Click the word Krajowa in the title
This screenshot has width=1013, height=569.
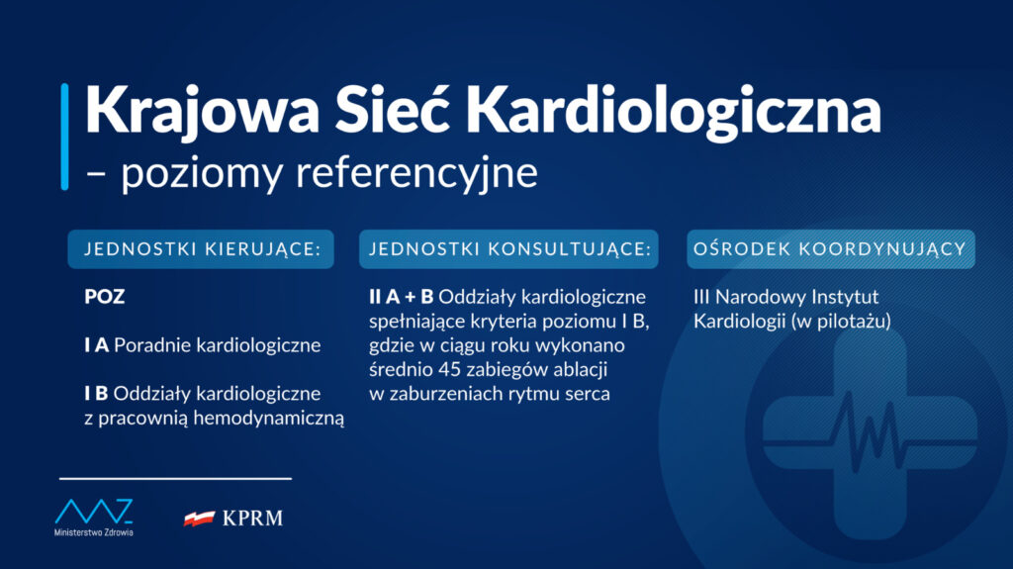click(x=202, y=111)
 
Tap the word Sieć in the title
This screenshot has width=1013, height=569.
click(x=392, y=109)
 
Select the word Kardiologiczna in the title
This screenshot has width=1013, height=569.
click(x=674, y=111)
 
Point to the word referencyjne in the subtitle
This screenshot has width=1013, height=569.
click(x=416, y=173)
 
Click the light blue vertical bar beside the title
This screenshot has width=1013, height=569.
click(x=64, y=137)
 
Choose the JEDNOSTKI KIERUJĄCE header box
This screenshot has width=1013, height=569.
click(x=201, y=249)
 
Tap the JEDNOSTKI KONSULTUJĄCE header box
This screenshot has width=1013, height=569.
click(x=509, y=249)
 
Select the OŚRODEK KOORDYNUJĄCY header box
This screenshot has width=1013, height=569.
click(x=831, y=249)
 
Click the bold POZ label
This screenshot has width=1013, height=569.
click(x=105, y=297)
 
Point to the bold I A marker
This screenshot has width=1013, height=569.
click(x=96, y=345)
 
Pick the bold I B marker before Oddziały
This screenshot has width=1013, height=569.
click(x=96, y=393)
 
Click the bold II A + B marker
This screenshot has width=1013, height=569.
click(x=402, y=297)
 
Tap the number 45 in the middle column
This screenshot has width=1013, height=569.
click(x=448, y=370)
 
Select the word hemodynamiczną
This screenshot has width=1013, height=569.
click(x=269, y=419)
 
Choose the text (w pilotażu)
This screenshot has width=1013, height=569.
click(x=841, y=322)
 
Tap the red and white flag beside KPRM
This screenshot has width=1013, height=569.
click(x=200, y=518)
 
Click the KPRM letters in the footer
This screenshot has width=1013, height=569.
click(x=252, y=519)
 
